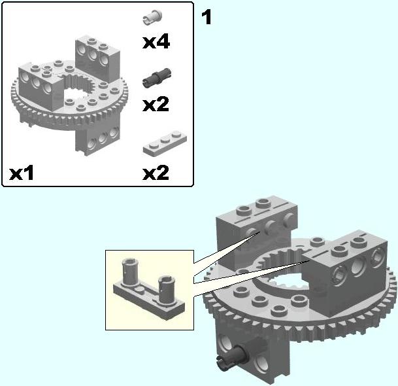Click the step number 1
click(x=206, y=18)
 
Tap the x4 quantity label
click(x=156, y=42)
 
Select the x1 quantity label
click(x=22, y=173)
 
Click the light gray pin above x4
click(x=152, y=17)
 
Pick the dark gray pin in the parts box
click(x=157, y=78)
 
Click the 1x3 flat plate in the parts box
click(x=165, y=143)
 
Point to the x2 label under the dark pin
click(x=156, y=105)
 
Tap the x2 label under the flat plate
click(x=156, y=173)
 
